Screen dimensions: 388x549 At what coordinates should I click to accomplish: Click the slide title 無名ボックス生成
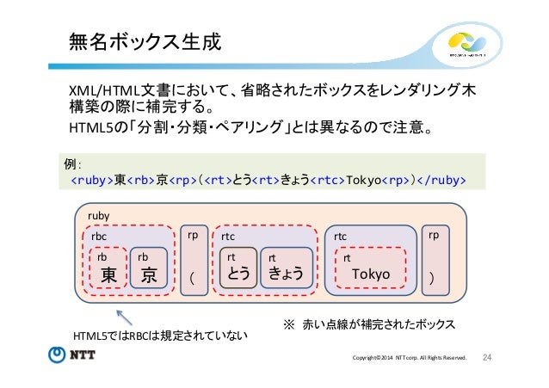coord(138,42)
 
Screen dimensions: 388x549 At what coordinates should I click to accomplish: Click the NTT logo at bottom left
coord(73,356)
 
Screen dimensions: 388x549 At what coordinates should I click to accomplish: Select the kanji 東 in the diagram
coord(108,274)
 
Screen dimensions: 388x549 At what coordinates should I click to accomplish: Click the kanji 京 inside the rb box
coord(149,274)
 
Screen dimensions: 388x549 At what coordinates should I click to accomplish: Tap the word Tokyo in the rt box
coord(370,274)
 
